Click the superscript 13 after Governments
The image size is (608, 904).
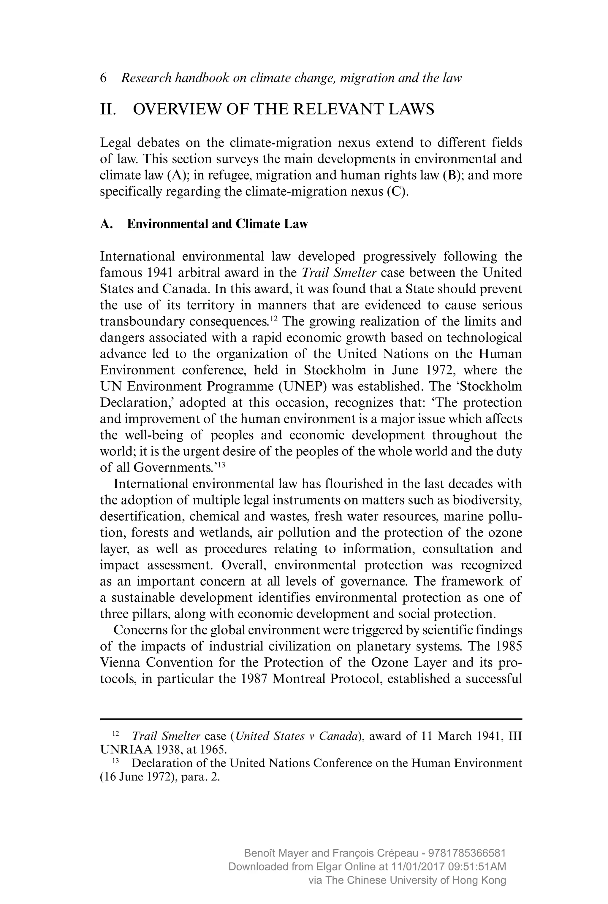tap(221, 465)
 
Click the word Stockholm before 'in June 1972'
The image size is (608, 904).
tap(335, 370)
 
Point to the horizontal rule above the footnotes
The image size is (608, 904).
tap(311, 719)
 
